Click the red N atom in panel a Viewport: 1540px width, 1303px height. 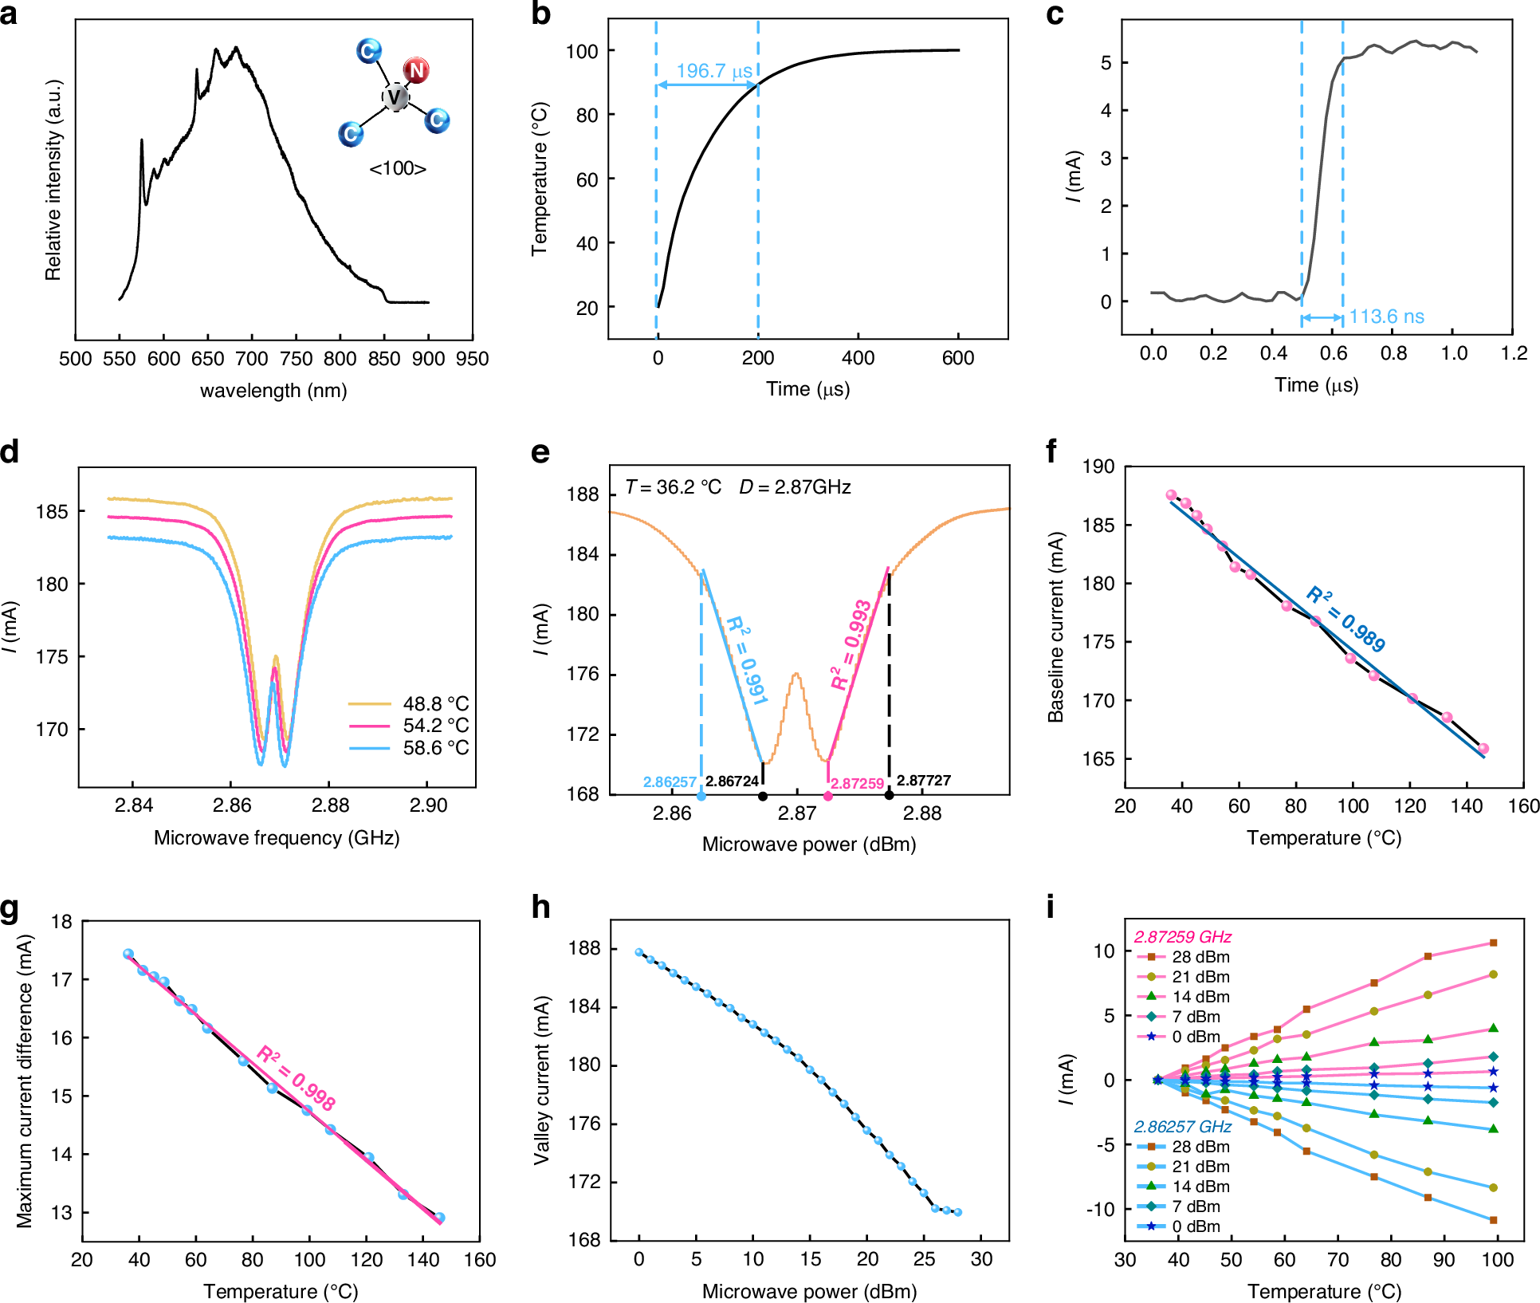(x=415, y=70)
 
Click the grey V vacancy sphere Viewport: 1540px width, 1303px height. (x=395, y=97)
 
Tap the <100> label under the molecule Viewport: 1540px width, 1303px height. (x=398, y=169)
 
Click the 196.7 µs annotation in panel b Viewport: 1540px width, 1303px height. (x=714, y=71)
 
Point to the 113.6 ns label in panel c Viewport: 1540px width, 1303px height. (x=1386, y=317)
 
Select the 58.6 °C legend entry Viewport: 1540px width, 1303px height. (x=435, y=748)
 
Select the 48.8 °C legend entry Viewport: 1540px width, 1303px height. (x=435, y=704)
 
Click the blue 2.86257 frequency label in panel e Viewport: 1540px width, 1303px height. (x=670, y=782)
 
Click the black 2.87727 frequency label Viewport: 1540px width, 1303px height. (x=924, y=781)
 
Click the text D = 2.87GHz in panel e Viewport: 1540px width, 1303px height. (x=795, y=487)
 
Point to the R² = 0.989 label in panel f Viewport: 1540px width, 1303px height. (x=1346, y=618)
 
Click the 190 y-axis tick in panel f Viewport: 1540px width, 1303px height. (x=1098, y=466)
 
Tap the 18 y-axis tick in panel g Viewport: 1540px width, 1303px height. (x=61, y=922)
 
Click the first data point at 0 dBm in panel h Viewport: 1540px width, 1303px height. (x=638, y=952)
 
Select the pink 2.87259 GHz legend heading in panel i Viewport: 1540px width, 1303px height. (x=1182, y=937)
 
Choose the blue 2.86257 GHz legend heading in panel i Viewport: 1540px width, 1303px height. (x=1182, y=1127)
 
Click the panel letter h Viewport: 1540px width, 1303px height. (x=540, y=907)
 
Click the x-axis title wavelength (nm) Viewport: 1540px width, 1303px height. (x=273, y=391)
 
